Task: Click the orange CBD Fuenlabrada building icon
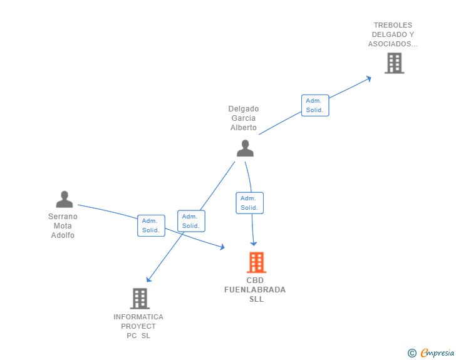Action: pos(256,262)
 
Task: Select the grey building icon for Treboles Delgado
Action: pos(395,63)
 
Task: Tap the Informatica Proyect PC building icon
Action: pos(140,299)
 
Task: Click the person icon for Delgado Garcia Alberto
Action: pos(245,148)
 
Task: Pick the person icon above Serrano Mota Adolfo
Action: pos(65,199)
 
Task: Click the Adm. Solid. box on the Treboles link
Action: pos(315,105)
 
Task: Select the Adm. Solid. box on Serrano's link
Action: pos(151,225)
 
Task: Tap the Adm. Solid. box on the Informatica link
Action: pos(192,221)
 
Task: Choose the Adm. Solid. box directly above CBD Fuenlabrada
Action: pos(249,203)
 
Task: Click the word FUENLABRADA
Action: pos(255,290)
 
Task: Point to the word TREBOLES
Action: pos(393,25)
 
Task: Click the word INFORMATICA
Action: pos(138,317)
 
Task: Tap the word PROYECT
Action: pos(138,326)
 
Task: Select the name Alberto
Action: pos(244,128)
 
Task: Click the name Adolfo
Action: pos(63,235)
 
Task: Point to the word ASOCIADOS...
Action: pos(390,44)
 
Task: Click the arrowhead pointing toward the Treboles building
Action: pos(369,78)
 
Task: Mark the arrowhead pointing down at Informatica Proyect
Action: pos(148,279)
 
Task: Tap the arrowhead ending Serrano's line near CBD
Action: pos(222,247)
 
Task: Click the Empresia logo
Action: pos(431,352)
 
